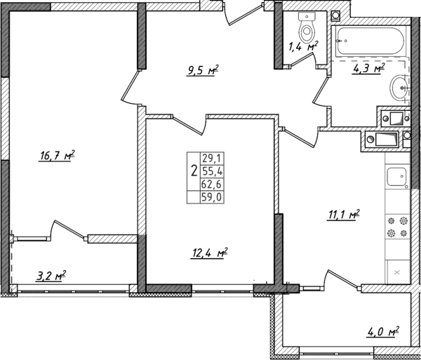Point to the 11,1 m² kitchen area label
coord(344,214)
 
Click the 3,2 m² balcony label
coord(50,274)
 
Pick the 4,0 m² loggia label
coord(383,331)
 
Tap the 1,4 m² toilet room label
coord(303,48)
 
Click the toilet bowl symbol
coord(307,28)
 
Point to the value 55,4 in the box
coord(209,171)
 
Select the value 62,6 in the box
coord(209,185)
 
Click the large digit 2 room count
coord(193,171)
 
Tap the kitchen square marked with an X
coord(398,271)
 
